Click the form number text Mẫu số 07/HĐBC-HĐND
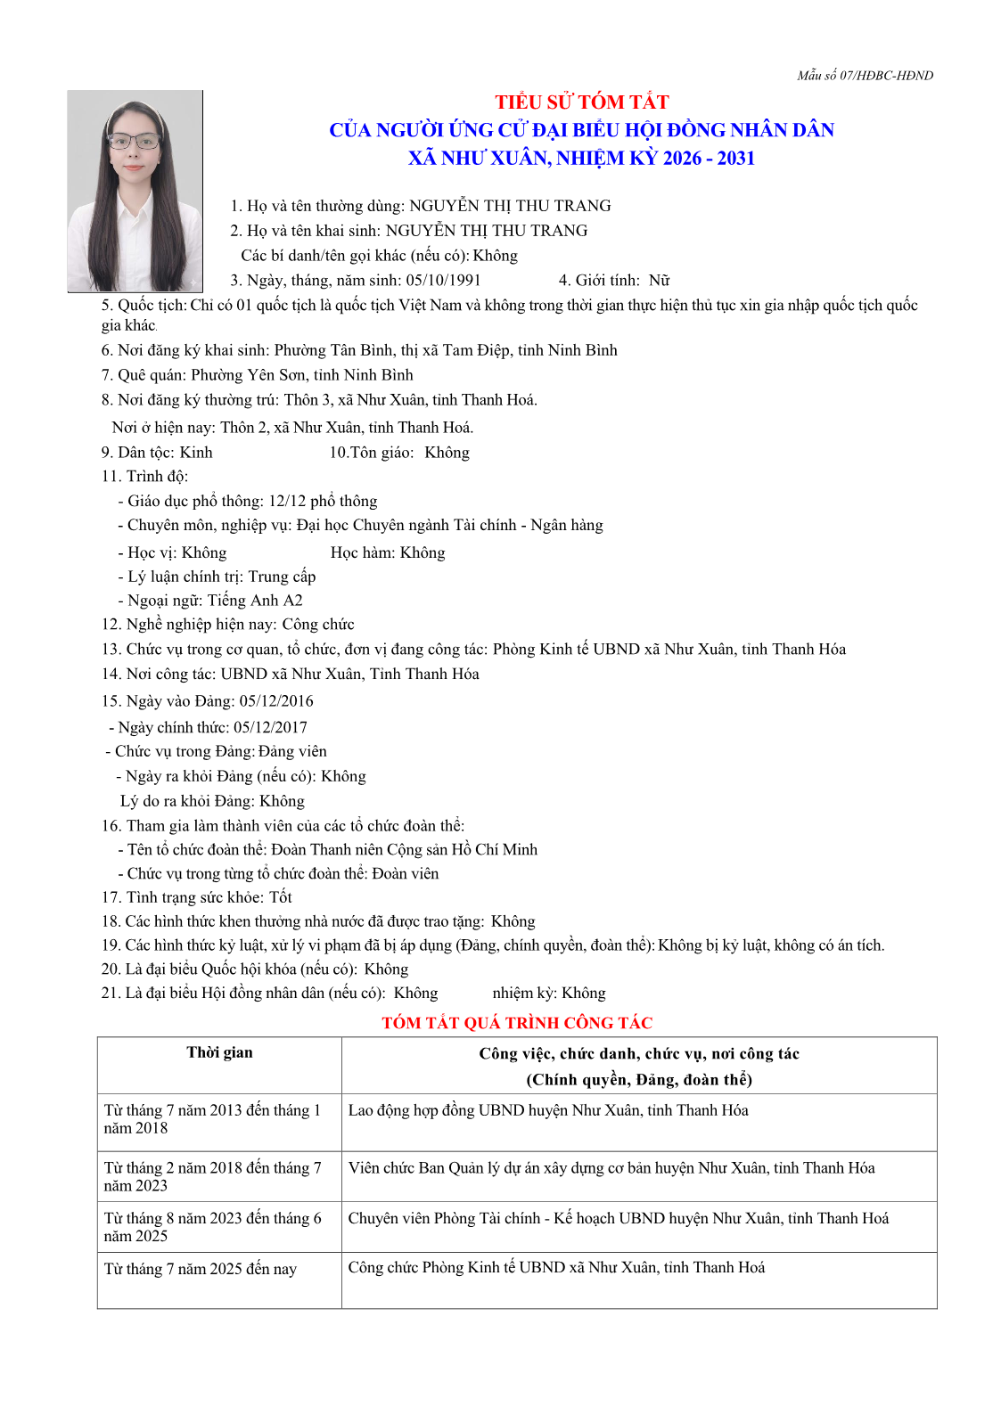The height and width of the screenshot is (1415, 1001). coord(865,76)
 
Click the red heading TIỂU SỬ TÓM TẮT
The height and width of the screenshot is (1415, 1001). coord(582,102)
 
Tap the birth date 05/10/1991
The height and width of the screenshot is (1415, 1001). coord(443,281)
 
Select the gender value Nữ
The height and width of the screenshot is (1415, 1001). coord(659,281)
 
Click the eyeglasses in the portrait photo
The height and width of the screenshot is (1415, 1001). coord(136,141)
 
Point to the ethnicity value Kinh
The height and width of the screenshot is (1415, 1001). coord(196,453)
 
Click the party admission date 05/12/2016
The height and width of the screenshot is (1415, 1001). coord(276,701)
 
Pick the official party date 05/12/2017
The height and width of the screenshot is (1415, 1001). coord(270,727)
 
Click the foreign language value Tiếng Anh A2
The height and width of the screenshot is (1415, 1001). coord(255,601)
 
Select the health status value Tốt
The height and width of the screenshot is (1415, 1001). coord(281,897)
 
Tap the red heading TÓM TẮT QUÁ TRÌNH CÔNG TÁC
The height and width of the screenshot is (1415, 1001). coord(517,1023)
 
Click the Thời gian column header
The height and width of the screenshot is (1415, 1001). coord(219,1053)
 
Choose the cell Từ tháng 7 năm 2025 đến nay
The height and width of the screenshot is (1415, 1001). coord(201,1269)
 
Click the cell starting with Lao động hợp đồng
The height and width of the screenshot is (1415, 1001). coord(548,1110)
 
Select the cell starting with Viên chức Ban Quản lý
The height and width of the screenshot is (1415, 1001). coord(611,1168)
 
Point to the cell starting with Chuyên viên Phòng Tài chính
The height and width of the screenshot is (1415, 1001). coord(619,1218)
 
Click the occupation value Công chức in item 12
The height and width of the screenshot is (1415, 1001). coord(318,625)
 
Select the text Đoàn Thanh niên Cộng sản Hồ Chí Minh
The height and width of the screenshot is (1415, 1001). coord(404,850)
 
